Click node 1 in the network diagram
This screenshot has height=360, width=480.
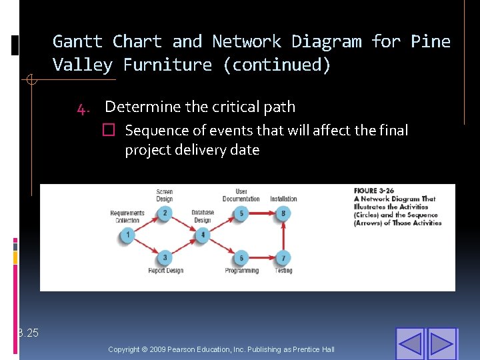[127, 235]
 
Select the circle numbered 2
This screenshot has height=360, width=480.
[165, 213]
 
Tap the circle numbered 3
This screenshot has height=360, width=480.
[165, 258]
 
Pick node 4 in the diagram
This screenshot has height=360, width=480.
[203, 235]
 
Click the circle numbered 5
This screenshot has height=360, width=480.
[241, 213]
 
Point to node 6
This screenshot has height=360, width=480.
[241, 258]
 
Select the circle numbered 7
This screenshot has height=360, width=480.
[283, 258]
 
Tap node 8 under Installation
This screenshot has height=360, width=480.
[283, 213]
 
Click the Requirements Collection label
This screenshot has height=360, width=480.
[127, 217]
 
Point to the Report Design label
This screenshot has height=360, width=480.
[165, 271]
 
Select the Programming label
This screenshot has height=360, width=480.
[241, 271]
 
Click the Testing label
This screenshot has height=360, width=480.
[283, 271]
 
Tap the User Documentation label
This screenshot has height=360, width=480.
[241, 195]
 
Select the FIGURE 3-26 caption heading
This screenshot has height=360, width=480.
[376, 191]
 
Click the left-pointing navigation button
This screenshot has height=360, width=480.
[409, 343]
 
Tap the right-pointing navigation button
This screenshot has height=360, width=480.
[441, 343]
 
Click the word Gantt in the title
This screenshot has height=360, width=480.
[77, 41]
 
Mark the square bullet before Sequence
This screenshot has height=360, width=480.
[110, 131]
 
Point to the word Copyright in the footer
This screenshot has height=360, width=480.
[124, 349]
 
